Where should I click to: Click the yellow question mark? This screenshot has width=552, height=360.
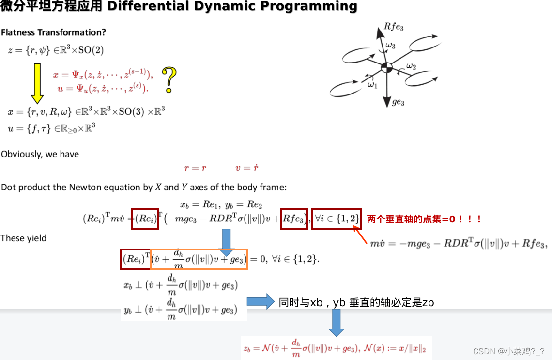click(x=169, y=79)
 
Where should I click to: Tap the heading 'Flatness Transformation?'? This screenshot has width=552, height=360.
click(x=53, y=32)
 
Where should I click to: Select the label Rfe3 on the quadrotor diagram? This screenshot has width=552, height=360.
click(x=393, y=27)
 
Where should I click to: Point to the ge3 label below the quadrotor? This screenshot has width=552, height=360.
click(x=398, y=103)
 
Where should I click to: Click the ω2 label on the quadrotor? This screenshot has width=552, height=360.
click(x=411, y=66)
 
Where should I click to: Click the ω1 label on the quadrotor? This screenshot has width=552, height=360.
click(x=372, y=85)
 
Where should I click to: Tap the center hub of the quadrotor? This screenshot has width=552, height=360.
click(x=386, y=68)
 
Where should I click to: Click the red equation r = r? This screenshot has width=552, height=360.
click(x=195, y=168)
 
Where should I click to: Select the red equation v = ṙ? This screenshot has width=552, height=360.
click(x=247, y=168)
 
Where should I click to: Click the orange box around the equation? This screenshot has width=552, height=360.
click(x=199, y=259)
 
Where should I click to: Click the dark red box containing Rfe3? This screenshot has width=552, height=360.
click(x=293, y=219)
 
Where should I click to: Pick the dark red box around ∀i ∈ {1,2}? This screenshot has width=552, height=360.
click(x=336, y=219)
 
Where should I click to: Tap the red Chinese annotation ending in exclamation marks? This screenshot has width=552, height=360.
click(x=424, y=219)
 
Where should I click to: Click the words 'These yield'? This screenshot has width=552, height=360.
click(x=23, y=238)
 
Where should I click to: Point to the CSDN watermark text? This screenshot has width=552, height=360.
click(x=508, y=351)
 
